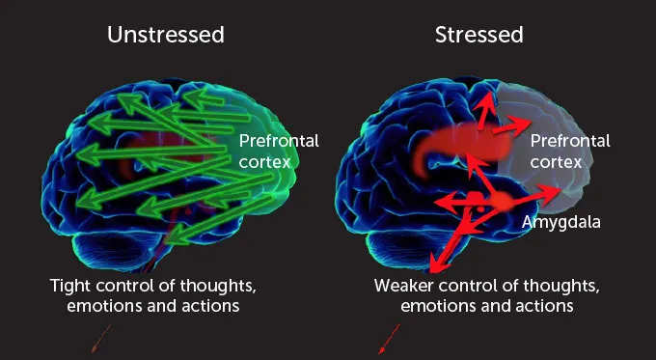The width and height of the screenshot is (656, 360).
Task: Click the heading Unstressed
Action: [166, 36]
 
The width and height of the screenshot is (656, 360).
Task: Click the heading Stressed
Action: [478, 36]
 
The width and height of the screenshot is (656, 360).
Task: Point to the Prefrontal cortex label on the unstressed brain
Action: [278, 151]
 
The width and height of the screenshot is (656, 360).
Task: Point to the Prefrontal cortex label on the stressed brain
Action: [570, 151]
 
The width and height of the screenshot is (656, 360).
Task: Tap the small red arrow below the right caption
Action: [388, 339]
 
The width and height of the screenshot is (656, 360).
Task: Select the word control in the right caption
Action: [475, 287]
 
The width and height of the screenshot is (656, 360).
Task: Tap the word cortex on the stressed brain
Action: [557, 162]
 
